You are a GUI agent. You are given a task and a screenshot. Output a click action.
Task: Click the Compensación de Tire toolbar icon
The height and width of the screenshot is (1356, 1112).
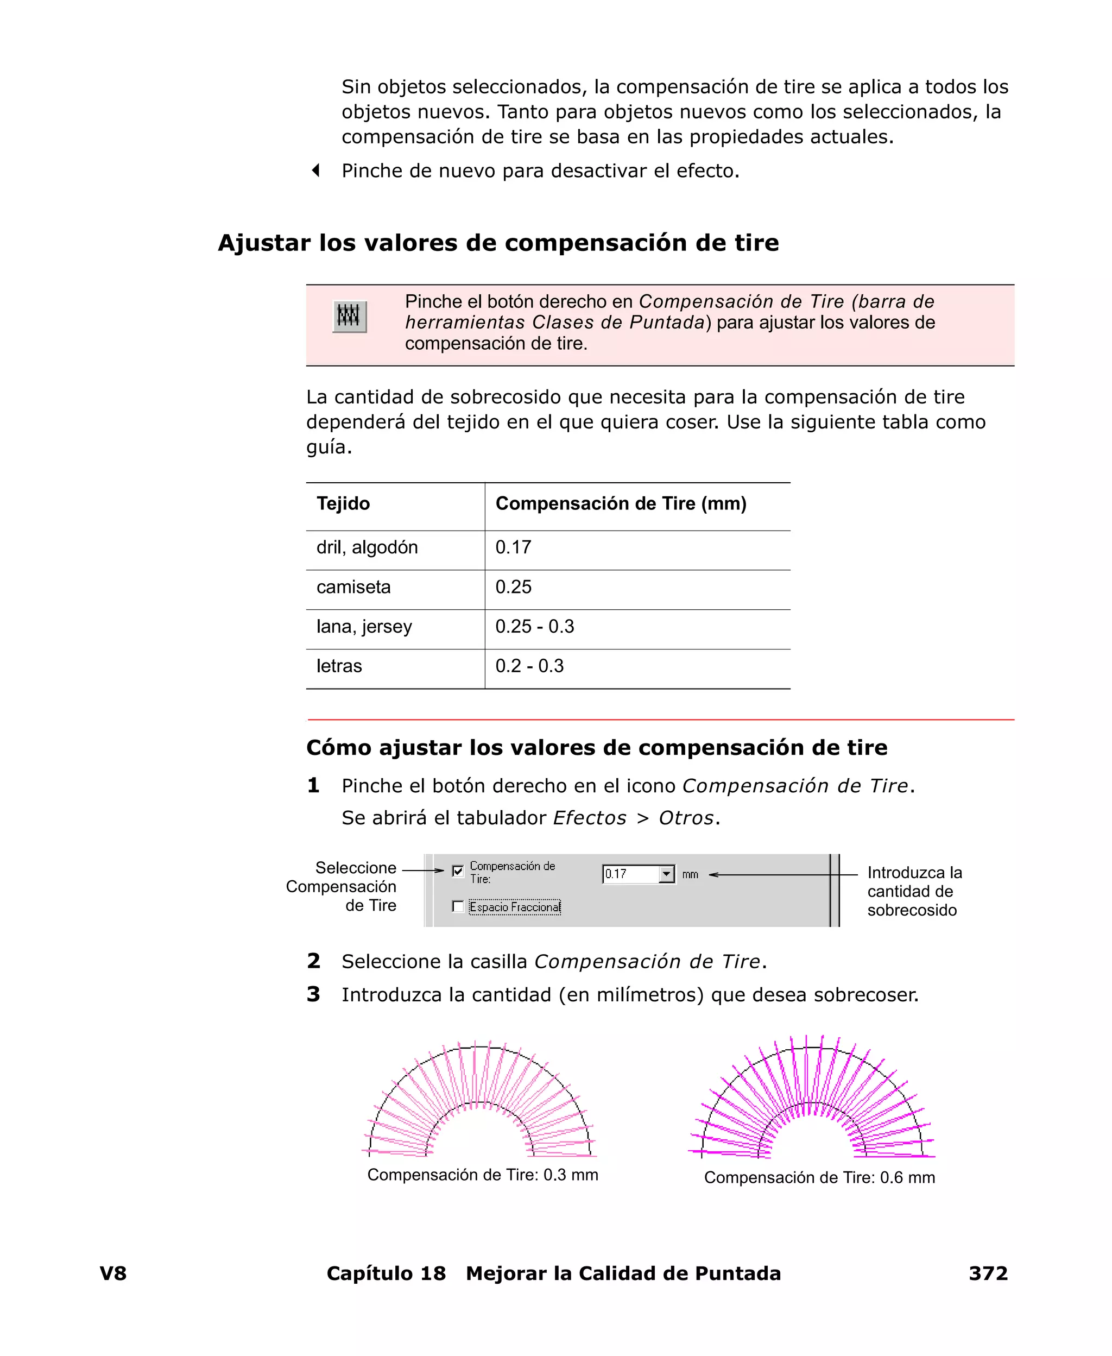(x=349, y=317)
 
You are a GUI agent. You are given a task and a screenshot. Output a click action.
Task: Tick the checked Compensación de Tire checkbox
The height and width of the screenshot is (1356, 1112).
(x=457, y=871)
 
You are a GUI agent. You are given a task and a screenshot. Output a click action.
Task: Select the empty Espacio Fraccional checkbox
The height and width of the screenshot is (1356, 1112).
(x=457, y=906)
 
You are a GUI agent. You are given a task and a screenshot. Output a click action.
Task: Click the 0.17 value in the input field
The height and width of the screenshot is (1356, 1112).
(x=616, y=874)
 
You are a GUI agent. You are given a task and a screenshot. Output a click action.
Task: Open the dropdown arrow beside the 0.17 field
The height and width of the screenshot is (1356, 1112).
(x=667, y=874)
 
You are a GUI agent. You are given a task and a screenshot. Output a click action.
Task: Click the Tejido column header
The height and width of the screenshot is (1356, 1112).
(x=343, y=503)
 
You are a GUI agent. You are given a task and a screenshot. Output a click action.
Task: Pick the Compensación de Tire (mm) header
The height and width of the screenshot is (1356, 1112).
(x=621, y=503)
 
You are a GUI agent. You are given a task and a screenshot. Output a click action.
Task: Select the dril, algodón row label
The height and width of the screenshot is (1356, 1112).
(x=367, y=547)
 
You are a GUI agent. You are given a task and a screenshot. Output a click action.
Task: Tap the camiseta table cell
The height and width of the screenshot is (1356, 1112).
(x=353, y=588)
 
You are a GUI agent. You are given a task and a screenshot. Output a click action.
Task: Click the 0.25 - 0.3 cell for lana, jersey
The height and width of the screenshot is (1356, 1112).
(x=535, y=627)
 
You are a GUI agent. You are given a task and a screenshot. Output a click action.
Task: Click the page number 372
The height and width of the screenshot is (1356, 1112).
(x=988, y=1273)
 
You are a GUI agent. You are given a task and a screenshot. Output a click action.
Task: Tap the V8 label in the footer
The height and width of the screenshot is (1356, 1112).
(x=113, y=1273)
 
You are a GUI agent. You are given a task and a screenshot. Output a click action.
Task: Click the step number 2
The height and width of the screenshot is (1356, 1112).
(x=313, y=961)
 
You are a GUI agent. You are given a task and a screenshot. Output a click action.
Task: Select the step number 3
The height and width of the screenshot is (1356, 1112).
(x=313, y=994)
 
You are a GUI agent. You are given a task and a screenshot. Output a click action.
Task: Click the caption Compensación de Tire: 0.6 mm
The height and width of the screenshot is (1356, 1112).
(x=819, y=1177)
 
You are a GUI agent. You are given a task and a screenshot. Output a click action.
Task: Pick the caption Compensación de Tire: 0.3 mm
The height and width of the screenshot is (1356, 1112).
(x=482, y=1175)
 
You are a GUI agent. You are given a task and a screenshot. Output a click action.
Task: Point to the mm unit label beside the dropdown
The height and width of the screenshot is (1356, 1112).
(x=690, y=874)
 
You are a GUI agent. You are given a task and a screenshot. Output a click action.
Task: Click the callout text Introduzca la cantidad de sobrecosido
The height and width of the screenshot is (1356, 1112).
(x=914, y=891)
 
